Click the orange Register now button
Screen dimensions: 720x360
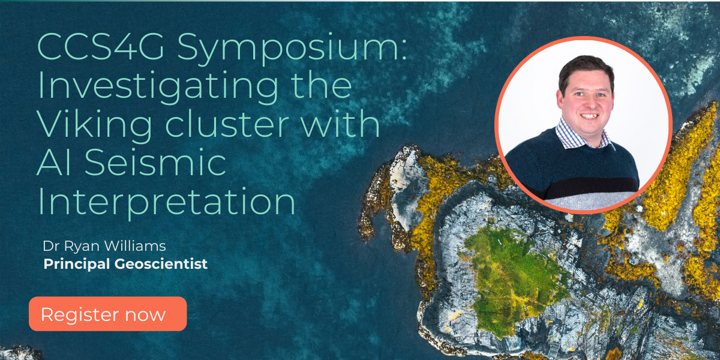pos(107,314)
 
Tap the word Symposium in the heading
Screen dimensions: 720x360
pos(292,49)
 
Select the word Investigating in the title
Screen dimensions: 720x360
pos(158,88)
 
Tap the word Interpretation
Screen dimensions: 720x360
pos(167,203)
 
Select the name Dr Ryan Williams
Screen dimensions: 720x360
pos(104,246)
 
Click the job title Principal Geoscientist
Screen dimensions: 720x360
pos(125,264)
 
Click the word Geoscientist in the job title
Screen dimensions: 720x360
pos(161,264)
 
